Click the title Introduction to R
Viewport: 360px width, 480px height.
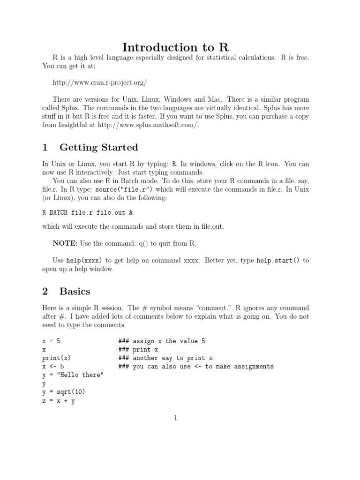[180, 47]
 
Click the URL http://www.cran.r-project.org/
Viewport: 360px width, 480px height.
[100, 83]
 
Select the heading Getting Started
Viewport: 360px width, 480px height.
[98, 148]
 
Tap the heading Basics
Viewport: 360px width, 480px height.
[75, 291]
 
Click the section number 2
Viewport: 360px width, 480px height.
[45, 291]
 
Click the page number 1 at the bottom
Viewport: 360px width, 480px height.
[175, 418]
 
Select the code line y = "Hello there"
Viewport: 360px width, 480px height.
[73, 375]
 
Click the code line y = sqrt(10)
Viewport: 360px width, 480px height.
[64, 392]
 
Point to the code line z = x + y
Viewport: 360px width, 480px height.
[59, 401]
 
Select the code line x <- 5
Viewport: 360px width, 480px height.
[53, 367]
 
